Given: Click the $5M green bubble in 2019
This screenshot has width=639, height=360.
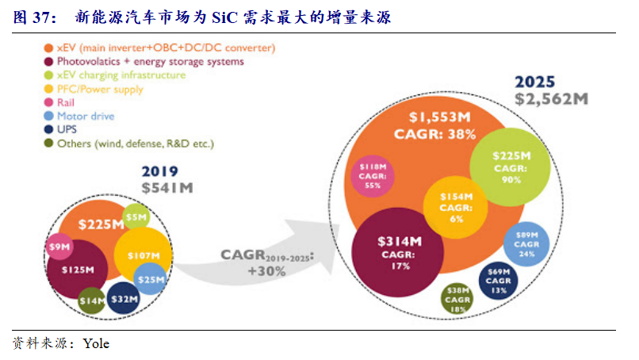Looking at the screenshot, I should tap(137, 215).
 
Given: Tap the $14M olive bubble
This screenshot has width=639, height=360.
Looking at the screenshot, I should tap(92, 301).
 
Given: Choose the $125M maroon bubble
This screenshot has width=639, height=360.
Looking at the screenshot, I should tap(77, 270).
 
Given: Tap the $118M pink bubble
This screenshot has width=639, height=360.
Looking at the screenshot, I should tap(372, 175).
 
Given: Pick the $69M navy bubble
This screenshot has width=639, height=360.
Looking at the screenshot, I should tap(499, 281).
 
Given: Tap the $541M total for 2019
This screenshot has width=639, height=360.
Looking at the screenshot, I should tap(166, 187).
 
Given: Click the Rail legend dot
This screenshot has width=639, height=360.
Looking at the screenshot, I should tap(48, 102).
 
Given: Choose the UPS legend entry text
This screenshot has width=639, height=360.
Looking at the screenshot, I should tap(66, 130).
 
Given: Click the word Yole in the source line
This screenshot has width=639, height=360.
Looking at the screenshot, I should tap(96, 344).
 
